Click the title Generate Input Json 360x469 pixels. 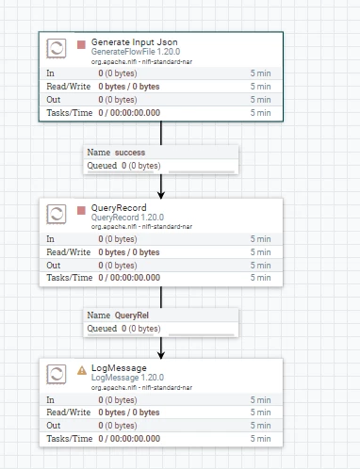click(135, 42)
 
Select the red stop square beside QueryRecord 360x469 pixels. click(81, 210)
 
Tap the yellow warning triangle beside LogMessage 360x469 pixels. click(82, 370)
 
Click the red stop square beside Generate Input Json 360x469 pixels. click(81, 44)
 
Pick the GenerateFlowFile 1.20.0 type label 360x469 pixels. click(136, 52)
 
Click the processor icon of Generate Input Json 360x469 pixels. click(57, 48)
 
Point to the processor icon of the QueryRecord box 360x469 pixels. click(57, 214)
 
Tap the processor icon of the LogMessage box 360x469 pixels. click(57, 374)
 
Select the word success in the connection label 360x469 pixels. click(130, 153)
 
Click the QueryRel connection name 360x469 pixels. click(132, 315)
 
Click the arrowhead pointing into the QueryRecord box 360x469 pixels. click(161, 195)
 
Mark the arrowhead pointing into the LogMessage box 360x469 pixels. click(161, 355)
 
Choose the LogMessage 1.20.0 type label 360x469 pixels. click(127, 378)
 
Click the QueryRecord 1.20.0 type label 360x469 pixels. click(127, 218)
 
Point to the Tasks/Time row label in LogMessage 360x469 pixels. click(70, 439)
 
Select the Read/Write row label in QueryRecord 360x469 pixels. click(69, 252)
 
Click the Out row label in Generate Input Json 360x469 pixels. click(54, 100)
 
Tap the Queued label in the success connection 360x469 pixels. click(102, 166)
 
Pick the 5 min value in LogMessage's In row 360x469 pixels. click(260, 400)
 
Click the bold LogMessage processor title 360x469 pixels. click(119, 368)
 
